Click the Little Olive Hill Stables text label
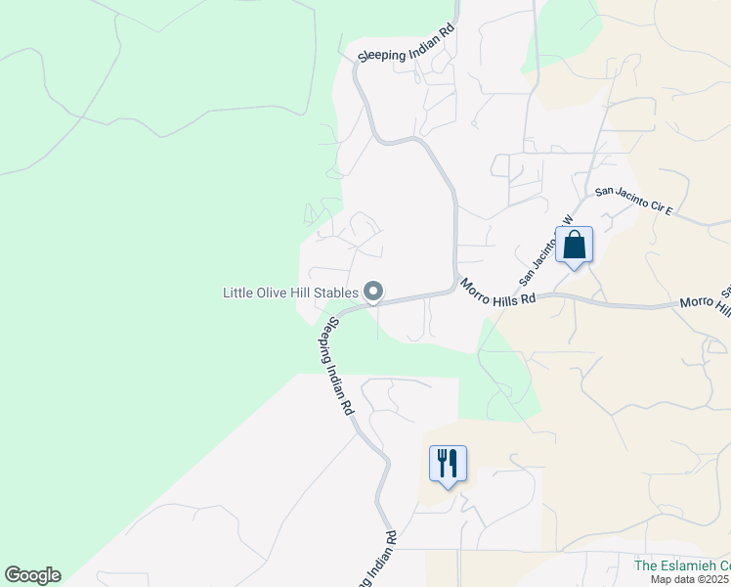[x=289, y=293]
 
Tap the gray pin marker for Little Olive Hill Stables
[x=373, y=292]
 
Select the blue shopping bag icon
[x=575, y=245]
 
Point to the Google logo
[x=32, y=575]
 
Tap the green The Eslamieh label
[x=682, y=565]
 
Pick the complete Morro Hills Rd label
[x=498, y=293]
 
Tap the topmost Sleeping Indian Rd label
[x=407, y=54]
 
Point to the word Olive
[x=269, y=293]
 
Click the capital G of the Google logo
[x=13, y=575]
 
